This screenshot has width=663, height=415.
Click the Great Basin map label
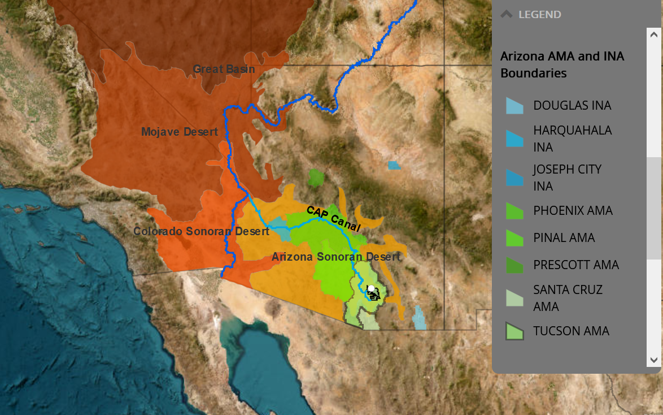[224, 70]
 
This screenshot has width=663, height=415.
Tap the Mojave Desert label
[179, 132]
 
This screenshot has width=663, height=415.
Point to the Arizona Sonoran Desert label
[335, 257]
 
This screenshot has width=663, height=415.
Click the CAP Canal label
[333, 219]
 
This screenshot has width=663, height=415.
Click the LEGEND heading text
[539, 15]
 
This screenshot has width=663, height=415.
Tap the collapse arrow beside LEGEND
[506, 15]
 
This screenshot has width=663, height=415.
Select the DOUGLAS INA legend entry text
[572, 106]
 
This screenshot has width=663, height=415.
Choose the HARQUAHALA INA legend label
[572, 139]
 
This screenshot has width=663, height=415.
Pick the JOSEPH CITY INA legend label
[567, 178]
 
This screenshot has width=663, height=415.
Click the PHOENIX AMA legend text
[573, 211]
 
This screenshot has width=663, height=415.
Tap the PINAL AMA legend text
[564, 238]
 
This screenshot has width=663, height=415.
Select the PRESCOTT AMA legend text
[575, 265]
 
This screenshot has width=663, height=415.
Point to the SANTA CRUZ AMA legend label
[568, 298]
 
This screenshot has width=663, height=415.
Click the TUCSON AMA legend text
[571, 331]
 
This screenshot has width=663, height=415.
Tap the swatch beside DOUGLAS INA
[514, 106]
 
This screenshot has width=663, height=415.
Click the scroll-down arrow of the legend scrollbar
[654, 360]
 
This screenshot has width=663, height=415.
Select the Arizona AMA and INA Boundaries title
[562, 64]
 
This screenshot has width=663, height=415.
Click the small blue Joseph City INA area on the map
[394, 166]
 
